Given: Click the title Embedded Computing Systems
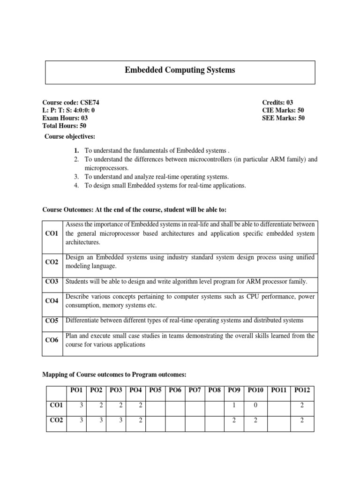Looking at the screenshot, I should pyautogui.click(x=180, y=70).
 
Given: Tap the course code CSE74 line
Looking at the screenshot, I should pyautogui.click(x=71, y=103).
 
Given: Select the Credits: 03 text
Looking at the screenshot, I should pyautogui.click(x=277, y=103).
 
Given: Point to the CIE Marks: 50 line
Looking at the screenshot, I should pyautogui.click(x=283, y=110).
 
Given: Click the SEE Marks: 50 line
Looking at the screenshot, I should pyautogui.click(x=283, y=118).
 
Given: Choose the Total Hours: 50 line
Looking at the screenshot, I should pyautogui.click(x=64, y=126).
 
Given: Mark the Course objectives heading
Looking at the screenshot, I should pyautogui.click(x=70, y=136).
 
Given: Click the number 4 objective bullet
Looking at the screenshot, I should pyautogui.click(x=76, y=185).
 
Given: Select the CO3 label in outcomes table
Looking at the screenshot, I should pyautogui.click(x=52, y=282).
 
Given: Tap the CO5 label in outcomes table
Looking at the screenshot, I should pyautogui.click(x=52, y=321).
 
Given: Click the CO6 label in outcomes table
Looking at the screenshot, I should pyautogui.click(x=52, y=340).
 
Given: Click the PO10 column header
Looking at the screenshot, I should pyautogui.click(x=256, y=390).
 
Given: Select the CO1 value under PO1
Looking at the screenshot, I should pyautogui.click(x=81, y=405).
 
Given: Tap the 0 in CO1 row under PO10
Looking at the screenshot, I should pyautogui.click(x=255, y=405).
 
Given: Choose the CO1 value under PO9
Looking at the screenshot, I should pyautogui.click(x=234, y=405).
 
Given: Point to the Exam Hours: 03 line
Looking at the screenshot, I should pyautogui.click(x=65, y=118).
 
